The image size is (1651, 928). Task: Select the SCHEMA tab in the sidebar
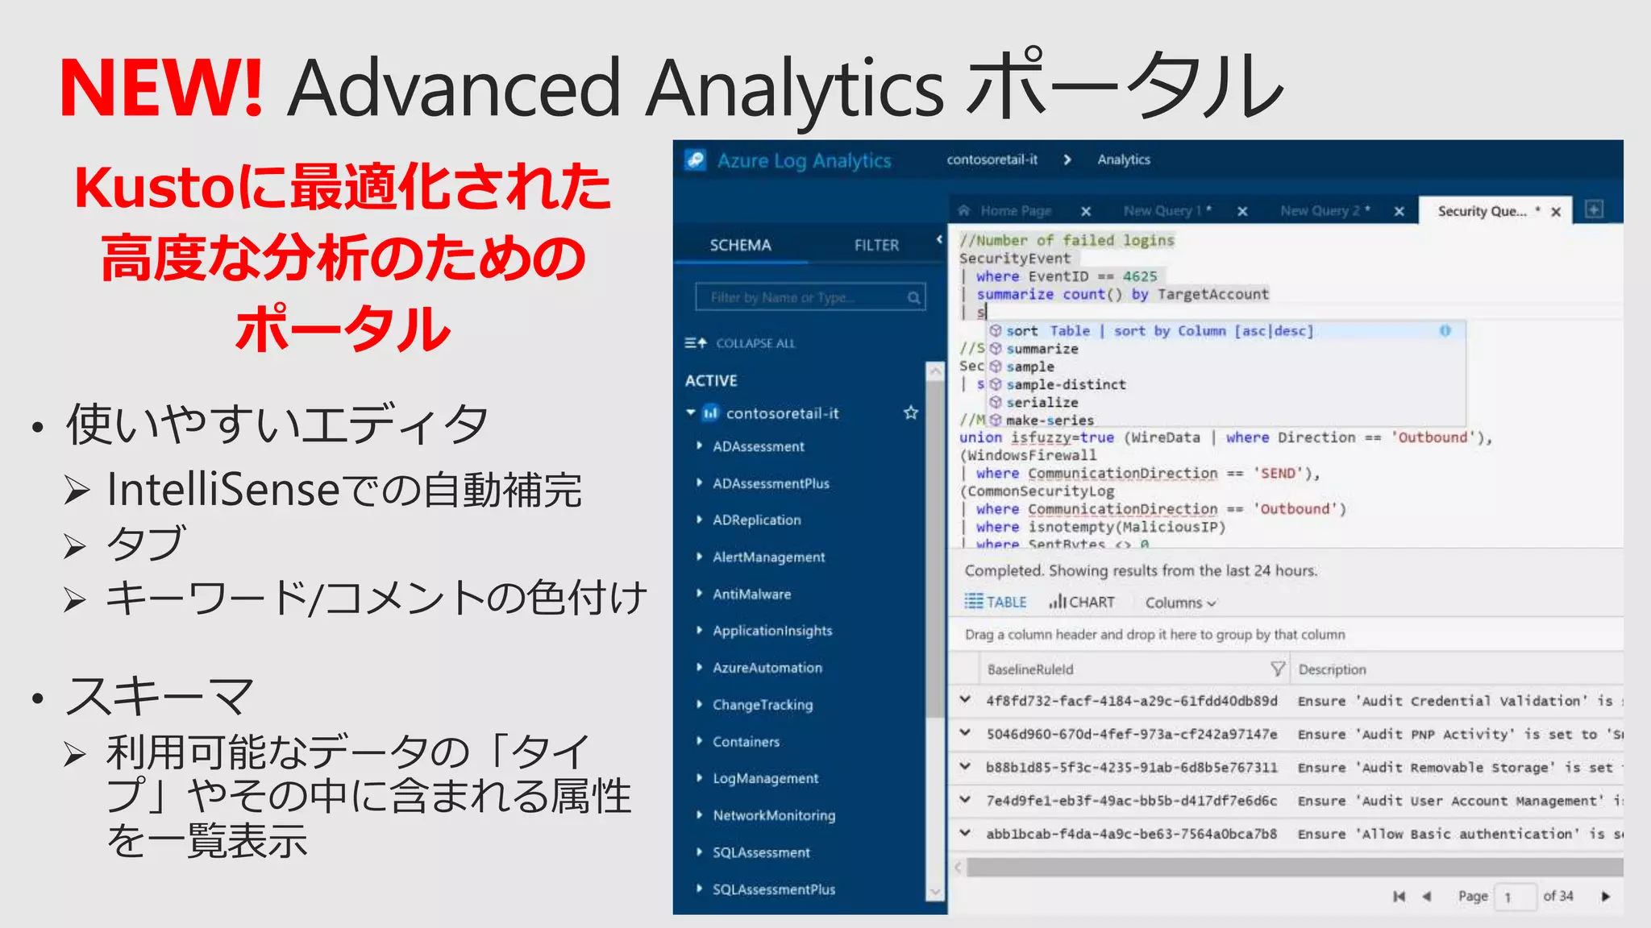tap(740, 245)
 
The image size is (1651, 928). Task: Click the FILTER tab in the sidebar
tap(876, 245)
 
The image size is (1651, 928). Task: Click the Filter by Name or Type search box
tap(802, 297)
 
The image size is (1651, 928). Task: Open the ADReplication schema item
tap(756, 520)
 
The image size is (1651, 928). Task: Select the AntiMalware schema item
tap(751, 594)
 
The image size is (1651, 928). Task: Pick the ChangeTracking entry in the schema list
tap(763, 705)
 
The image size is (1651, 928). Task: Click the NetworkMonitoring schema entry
tap(773, 815)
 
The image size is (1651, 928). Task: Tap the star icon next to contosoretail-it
tap(911, 413)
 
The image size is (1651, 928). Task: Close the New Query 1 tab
tap(1242, 211)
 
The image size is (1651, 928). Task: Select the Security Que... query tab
tap(1482, 211)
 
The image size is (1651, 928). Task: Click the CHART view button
tap(1082, 603)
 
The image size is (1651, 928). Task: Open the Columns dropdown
tap(1180, 603)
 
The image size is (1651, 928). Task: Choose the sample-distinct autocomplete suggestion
tap(1066, 385)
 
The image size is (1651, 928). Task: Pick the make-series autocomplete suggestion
tap(1050, 420)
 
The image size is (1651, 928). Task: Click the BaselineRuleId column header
tap(1030, 669)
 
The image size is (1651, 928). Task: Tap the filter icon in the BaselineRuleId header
tap(1277, 669)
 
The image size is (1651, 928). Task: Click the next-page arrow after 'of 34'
tap(1605, 897)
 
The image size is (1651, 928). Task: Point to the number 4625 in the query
tap(1140, 276)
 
